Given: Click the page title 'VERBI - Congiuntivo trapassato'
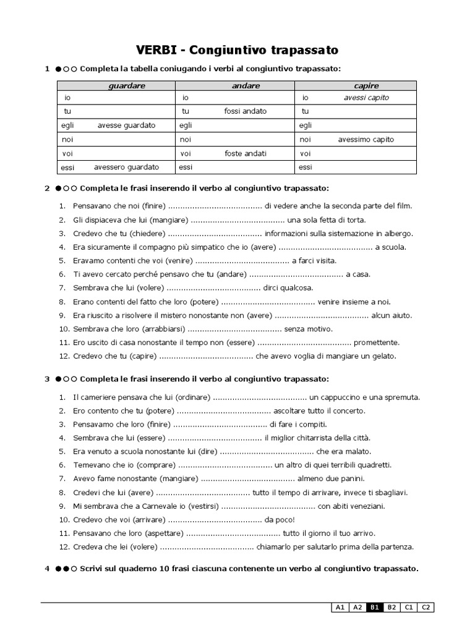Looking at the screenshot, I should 237,49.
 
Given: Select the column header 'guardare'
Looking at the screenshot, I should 126,86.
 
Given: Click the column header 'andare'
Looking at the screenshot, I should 246,86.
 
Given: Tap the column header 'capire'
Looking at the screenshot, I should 366,86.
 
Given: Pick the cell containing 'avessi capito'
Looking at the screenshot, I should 366,98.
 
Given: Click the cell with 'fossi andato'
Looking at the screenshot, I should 246,111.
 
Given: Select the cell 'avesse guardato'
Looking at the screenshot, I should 126,125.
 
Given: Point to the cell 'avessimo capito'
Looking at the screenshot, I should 366,140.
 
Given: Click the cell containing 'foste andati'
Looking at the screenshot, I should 246,153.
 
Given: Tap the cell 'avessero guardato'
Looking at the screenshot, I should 126,167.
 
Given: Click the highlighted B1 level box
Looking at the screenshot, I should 374,607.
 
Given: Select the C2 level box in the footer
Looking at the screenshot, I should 426,607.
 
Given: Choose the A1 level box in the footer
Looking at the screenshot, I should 339,607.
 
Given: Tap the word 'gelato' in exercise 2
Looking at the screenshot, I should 383,356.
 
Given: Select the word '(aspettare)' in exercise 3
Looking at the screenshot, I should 163,533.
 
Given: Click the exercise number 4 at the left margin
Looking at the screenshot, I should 47,569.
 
